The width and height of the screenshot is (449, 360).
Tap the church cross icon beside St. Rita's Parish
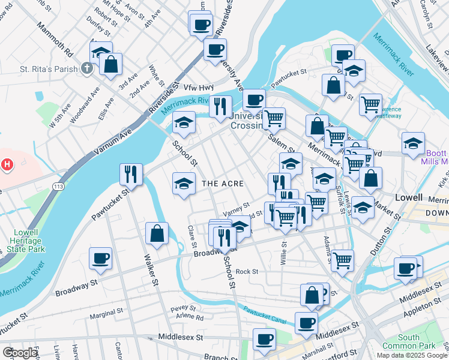click(x=87, y=68)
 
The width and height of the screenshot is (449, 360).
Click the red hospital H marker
click(x=7, y=164)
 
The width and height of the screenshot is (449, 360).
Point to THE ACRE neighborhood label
click(x=221, y=183)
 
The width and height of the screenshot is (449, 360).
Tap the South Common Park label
click(x=417, y=341)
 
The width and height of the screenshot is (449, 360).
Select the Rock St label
click(x=247, y=272)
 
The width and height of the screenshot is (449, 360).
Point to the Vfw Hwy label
click(x=198, y=87)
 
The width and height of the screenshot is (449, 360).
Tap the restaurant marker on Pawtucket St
click(x=130, y=174)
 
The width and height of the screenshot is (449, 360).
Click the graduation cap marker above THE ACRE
click(x=183, y=184)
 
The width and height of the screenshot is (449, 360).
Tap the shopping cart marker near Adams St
click(x=342, y=260)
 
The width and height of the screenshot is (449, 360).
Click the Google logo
click(x=20, y=353)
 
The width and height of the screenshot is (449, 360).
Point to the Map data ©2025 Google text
click(x=412, y=355)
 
